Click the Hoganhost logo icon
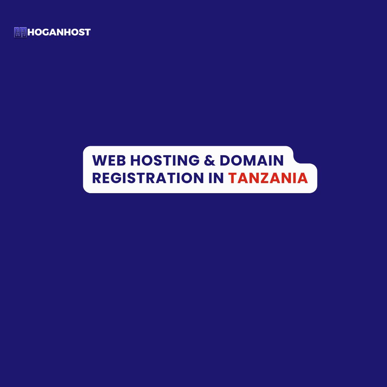20,32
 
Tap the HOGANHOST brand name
59,32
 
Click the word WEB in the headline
109,161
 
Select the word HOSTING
165,161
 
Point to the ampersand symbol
210,161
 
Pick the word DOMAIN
252,161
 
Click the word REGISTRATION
148,178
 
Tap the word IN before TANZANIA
216,178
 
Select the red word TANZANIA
268,178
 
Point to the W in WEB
99,161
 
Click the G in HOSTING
194,161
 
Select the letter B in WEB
121,161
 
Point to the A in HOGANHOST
54,32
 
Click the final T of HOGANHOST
87,32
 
